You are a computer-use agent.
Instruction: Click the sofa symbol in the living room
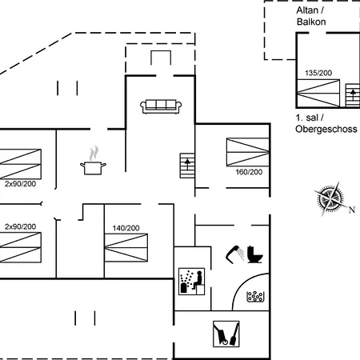(x=161, y=106)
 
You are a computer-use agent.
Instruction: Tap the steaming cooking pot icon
(x=93, y=161)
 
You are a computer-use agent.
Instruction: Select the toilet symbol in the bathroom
(x=255, y=254)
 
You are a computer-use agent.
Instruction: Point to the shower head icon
(x=234, y=254)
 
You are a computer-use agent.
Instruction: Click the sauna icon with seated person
(x=192, y=282)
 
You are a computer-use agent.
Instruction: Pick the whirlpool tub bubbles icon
(x=255, y=297)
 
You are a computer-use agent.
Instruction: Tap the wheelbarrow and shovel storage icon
(x=226, y=334)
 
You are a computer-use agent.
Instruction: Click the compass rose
(x=330, y=198)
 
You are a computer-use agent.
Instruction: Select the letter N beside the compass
(x=352, y=210)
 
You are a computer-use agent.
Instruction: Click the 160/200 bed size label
(x=249, y=172)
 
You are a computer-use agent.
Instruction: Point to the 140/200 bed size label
(x=126, y=228)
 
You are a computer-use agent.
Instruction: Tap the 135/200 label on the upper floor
(x=318, y=73)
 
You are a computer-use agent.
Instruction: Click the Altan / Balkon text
(x=311, y=16)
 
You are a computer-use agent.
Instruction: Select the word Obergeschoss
(x=326, y=129)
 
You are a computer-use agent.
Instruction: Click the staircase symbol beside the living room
(x=187, y=166)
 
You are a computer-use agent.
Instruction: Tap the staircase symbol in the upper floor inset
(x=353, y=95)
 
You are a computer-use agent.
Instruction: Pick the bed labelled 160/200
(x=248, y=152)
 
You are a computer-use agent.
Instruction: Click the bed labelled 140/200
(x=126, y=248)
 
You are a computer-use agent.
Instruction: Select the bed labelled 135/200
(x=318, y=93)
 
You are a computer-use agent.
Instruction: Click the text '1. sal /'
(x=310, y=118)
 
